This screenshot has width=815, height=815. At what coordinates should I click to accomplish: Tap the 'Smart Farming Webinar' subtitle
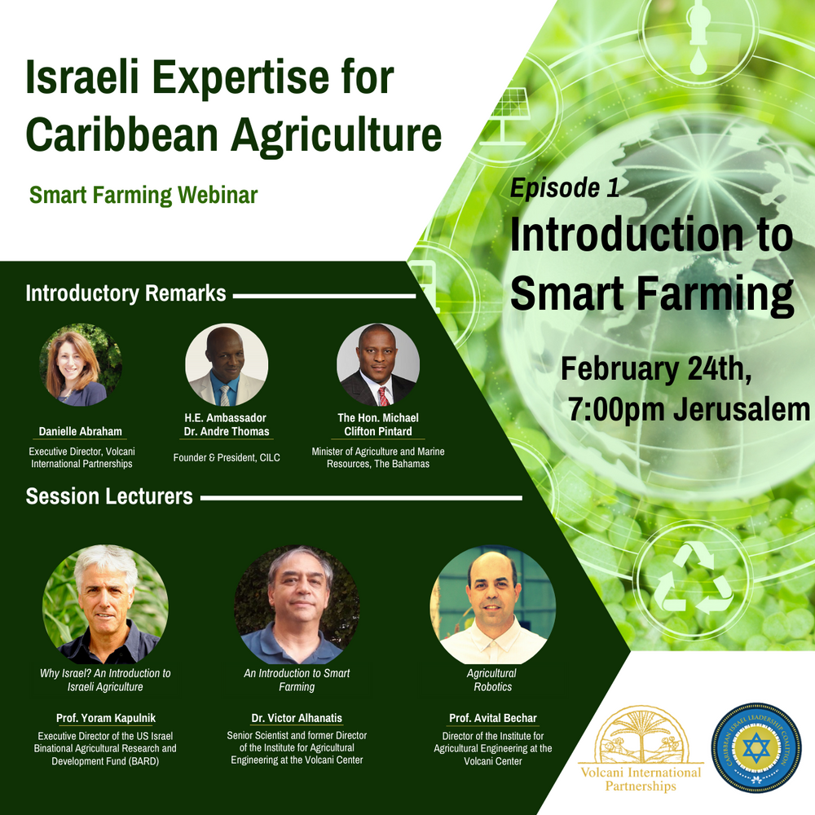(143, 196)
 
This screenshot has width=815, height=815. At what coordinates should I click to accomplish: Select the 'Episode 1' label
(564, 188)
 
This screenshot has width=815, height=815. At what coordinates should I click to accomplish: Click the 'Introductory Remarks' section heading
(126, 294)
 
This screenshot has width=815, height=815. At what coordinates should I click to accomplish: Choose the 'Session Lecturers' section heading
(109, 496)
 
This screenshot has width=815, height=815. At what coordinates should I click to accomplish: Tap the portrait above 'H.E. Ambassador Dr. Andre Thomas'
(226, 364)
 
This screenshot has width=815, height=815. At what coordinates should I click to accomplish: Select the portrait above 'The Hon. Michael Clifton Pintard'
(377, 364)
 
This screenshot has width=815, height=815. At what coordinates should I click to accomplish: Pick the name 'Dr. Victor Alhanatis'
(297, 718)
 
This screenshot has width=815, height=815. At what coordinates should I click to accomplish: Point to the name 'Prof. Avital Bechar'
(493, 718)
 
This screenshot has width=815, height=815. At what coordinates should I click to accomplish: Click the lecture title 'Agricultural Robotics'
(492, 680)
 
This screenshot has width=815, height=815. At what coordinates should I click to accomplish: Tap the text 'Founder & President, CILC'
(227, 458)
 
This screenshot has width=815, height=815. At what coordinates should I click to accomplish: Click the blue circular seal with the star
(756, 748)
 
